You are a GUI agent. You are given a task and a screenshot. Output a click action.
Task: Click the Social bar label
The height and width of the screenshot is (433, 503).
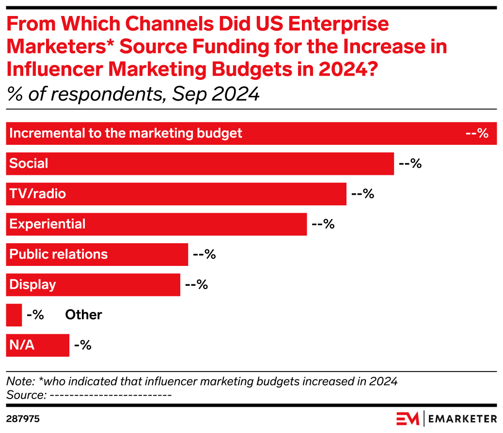pyautogui.click(x=29, y=164)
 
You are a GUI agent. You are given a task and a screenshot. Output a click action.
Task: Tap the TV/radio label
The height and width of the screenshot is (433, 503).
pyautogui.click(x=38, y=194)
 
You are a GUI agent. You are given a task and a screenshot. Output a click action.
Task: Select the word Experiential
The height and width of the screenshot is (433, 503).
pyautogui.click(x=47, y=224)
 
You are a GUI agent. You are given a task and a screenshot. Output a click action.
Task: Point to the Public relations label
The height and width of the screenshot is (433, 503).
pyautogui.click(x=59, y=255)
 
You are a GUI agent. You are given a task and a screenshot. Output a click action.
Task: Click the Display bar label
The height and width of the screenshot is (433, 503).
pyautogui.click(x=32, y=285)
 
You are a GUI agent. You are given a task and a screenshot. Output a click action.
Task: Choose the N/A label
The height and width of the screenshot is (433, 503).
pyautogui.click(x=22, y=346)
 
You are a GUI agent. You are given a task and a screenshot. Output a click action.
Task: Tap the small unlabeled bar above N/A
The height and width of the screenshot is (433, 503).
pyautogui.click(x=14, y=315)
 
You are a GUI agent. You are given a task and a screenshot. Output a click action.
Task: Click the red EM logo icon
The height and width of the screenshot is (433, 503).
pyautogui.click(x=407, y=418)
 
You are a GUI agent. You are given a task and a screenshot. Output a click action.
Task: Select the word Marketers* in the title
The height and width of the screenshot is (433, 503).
pyautogui.click(x=60, y=46)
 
